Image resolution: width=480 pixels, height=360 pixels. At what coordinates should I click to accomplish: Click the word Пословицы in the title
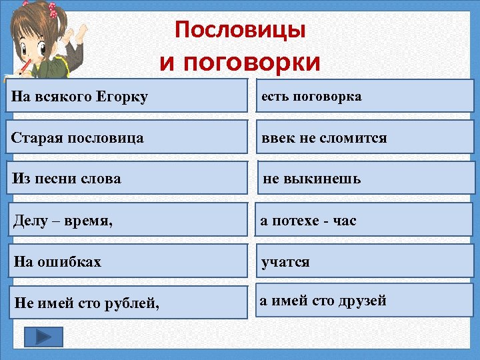(240, 30)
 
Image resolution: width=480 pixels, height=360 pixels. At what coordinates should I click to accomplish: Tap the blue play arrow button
(43, 337)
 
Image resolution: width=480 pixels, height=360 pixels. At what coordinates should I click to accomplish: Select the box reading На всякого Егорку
(127, 97)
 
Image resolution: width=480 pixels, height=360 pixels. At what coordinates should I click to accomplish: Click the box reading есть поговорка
(365, 96)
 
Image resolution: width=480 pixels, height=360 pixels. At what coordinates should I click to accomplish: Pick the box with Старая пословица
(127, 138)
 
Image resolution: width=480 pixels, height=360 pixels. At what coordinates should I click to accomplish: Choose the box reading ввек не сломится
(365, 137)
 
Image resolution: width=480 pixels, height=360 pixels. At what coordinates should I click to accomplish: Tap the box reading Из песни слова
(127, 179)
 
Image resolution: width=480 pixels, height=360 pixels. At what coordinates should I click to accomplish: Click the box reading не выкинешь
(365, 178)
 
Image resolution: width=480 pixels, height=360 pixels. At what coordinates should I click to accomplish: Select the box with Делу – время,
(127, 220)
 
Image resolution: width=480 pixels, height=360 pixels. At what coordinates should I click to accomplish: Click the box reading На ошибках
(127, 261)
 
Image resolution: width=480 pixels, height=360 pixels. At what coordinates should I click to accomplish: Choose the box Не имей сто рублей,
(127, 303)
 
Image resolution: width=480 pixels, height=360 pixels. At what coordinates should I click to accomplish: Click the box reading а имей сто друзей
(365, 301)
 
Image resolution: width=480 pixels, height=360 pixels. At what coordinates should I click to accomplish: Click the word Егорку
(123, 98)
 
